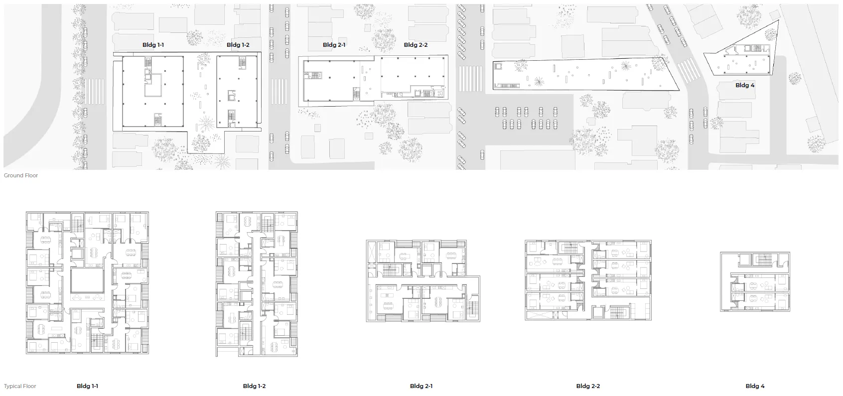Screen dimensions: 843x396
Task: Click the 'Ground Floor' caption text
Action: (21, 175)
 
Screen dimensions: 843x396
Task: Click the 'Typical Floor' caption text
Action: (20, 386)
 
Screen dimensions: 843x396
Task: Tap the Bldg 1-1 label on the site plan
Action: (153, 45)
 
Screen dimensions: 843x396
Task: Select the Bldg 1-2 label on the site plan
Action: (238, 45)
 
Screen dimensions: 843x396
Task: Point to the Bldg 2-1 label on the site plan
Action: (334, 45)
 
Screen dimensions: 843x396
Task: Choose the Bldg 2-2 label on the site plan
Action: (416, 45)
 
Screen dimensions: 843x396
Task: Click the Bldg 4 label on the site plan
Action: (745, 86)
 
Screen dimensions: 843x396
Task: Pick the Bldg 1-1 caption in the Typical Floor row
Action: (87, 386)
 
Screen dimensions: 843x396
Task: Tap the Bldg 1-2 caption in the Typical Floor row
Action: (254, 386)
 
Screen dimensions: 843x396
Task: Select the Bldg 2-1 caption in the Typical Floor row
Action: (421, 386)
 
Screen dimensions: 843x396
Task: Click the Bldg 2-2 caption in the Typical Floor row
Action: (588, 386)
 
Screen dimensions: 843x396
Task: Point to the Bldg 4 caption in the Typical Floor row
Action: (755, 386)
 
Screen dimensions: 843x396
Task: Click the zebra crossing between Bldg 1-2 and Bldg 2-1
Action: (279, 92)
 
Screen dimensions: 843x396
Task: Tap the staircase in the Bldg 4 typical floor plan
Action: (764, 260)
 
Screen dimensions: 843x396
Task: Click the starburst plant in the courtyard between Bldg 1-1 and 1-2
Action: (205, 124)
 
